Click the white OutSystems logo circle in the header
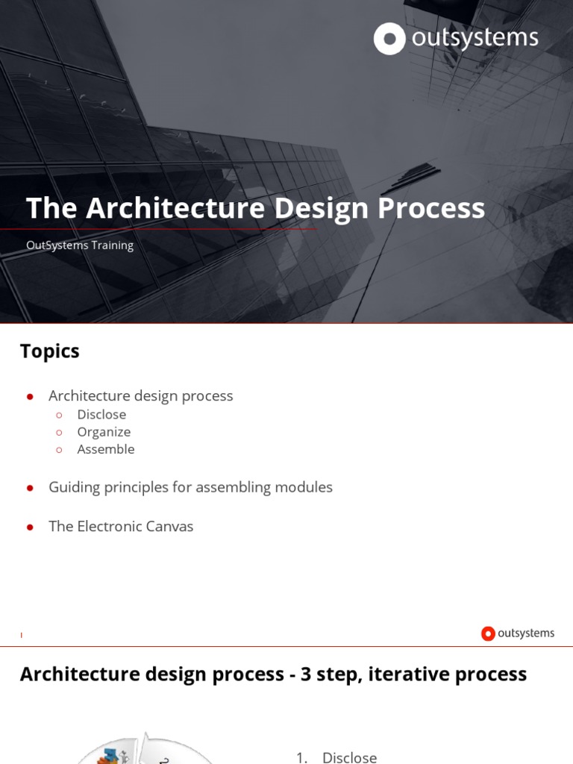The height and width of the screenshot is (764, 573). [389, 39]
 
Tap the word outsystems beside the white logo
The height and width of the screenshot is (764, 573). [475, 38]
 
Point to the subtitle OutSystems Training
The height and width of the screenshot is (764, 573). [80, 245]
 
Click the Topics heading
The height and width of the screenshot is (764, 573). [49, 351]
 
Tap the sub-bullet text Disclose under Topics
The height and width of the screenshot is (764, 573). [101, 415]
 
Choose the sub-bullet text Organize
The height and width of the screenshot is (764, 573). [104, 432]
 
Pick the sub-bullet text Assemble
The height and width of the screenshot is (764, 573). [106, 449]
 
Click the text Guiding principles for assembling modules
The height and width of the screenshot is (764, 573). [190, 487]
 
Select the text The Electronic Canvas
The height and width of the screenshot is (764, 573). [121, 527]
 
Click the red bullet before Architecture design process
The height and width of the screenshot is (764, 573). [30, 397]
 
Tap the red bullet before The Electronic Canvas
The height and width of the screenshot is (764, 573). [30, 527]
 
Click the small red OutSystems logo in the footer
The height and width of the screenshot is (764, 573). [489, 633]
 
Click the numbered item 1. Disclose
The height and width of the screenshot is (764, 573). [336, 757]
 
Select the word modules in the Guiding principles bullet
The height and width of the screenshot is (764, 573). [304, 487]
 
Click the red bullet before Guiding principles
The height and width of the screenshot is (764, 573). [30, 488]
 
